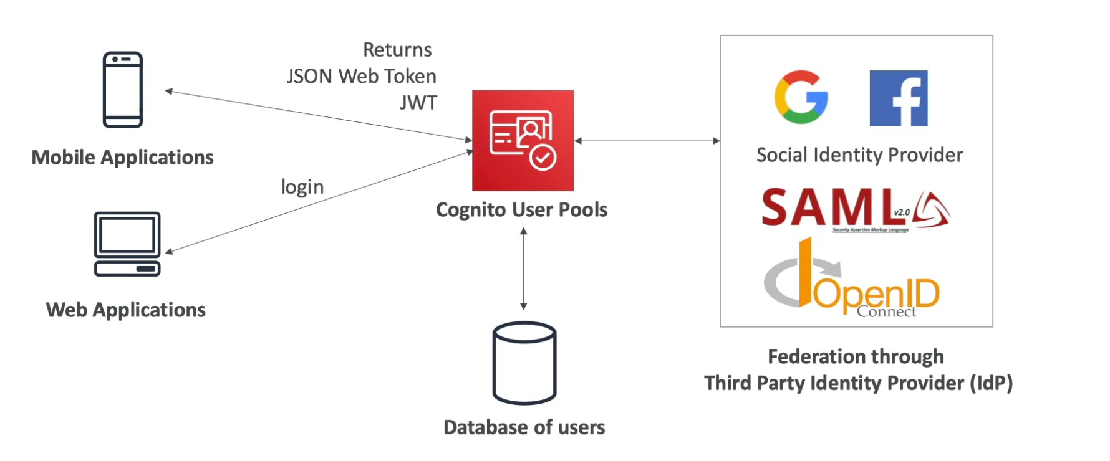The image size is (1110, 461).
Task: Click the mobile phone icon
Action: click(x=123, y=90)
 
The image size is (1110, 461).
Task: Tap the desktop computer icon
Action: click(x=127, y=244)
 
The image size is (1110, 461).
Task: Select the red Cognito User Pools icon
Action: click(x=523, y=140)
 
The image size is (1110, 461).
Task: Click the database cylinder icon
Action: click(x=524, y=363)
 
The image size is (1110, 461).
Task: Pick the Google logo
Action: click(x=801, y=97)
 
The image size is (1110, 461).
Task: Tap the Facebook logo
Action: click(x=898, y=98)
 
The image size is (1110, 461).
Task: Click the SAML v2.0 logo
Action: click(x=855, y=209)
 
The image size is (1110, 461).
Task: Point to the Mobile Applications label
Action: click(x=122, y=158)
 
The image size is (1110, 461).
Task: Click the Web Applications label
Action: click(x=125, y=310)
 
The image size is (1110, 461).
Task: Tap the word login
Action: click(x=302, y=187)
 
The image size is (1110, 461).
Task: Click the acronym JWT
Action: click(x=418, y=103)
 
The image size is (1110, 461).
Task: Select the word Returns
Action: click(x=397, y=50)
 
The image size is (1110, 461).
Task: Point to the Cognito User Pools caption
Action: click(x=521, y=210)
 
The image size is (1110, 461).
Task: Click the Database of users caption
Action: click(x=524, y=427)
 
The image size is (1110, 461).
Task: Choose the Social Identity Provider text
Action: click(x=859, y=155)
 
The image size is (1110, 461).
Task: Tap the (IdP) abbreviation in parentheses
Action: click(x=991, y=383)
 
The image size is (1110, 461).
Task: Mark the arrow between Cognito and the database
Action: click(x=523, y=269)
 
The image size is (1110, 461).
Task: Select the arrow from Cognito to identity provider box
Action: click(x=647, y=141)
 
